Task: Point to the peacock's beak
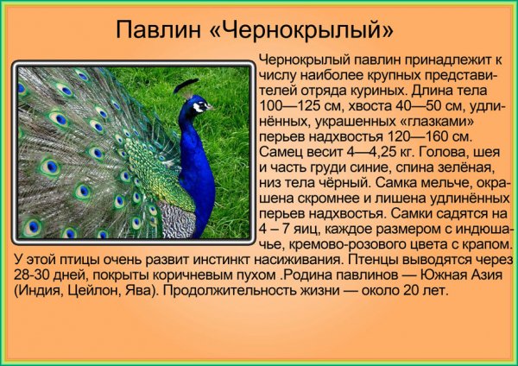coord(210,109)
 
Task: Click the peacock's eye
coord(199,104)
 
